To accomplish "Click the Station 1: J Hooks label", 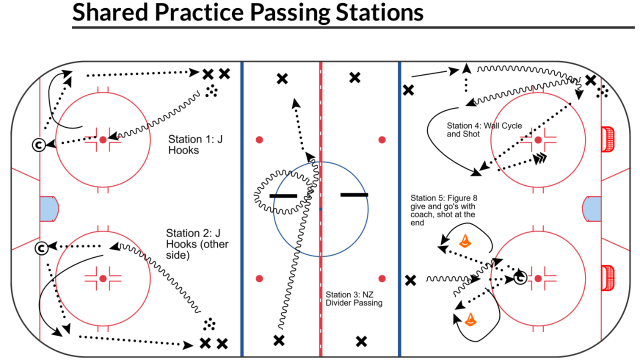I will point(195,144).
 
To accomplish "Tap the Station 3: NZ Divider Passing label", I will point(354,298).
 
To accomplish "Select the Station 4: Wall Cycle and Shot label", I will point(484,130).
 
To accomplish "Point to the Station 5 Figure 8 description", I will point(443,210).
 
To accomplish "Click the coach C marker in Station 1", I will point(38,145).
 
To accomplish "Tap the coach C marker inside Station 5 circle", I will point(519,278).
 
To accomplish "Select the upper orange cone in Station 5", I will point(465,241).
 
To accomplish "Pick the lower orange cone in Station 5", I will point(470,319).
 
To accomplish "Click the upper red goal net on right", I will point(608,139).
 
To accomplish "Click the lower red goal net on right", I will point(608,278).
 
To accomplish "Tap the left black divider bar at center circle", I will point(283,196).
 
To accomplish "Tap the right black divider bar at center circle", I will point(354,194).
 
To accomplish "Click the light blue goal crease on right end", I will point(591,209).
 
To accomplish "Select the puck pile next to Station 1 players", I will point(212,90).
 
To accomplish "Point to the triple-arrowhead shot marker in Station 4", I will point(540,158).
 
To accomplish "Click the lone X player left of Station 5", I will point(410,280).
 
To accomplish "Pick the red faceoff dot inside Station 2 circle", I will point(102,278).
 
